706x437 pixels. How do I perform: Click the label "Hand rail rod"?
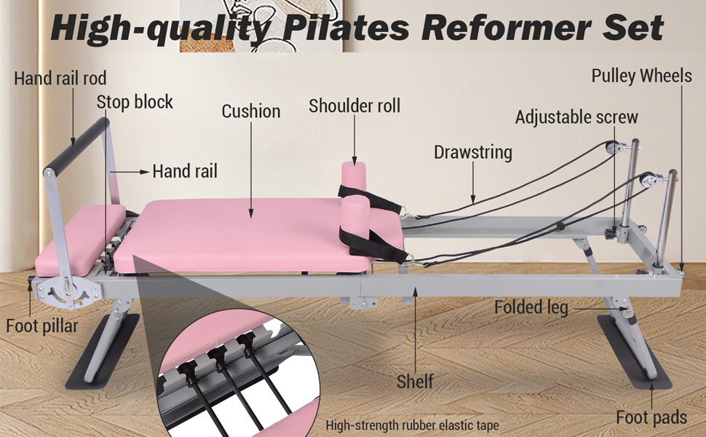coord(60,78)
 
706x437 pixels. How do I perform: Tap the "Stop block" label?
coord(135,101)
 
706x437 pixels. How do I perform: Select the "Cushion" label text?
coord(251,111)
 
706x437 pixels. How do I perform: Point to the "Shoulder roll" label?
coord(354,106)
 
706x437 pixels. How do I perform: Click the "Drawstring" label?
coord(473,152)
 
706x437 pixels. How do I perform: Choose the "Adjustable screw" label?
coord(576,117)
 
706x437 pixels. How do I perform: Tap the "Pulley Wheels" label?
coord(641,76)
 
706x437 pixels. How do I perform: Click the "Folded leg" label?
coord(531,307)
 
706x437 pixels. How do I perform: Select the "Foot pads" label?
coord(651,417)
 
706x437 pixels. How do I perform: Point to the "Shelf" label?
coord(415,380)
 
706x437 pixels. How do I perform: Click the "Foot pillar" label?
coord(41,326)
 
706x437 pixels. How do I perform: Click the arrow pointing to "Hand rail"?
coord(131,172)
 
